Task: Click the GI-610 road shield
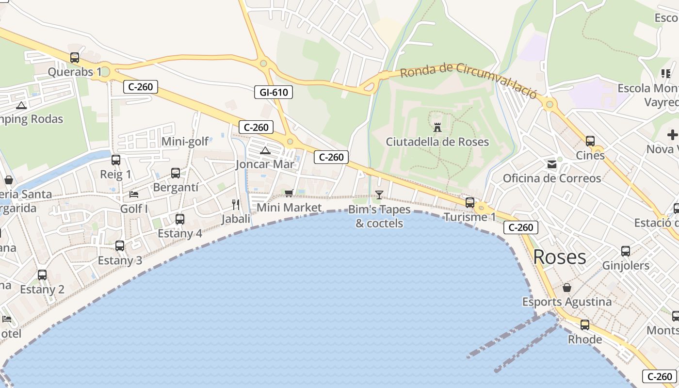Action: (x=274, y=92)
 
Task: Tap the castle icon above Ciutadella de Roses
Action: (x=437, y=128)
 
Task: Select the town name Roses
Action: (x=560, y=257)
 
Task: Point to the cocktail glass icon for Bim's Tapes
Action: (x=379, y=195)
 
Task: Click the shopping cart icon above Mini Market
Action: (x=289, y=193)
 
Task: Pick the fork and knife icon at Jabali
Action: (x=236, y=204)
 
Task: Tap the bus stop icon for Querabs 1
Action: (x=75, y=58)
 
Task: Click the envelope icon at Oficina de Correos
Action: (x=552, y=164)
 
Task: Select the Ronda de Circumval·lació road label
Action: (x=469, y=79)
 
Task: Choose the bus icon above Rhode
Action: (x=585, y=325)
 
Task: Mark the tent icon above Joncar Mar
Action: (x=265, y=150)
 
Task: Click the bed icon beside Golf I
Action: (x=134, y=194)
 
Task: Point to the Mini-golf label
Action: (x=185, y=142)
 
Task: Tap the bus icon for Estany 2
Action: (x=42, y=275)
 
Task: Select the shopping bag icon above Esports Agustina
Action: (x=566, y=288)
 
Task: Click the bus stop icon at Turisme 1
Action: (x=469, y=203)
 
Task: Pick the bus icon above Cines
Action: (x=590, y=141)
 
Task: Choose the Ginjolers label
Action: (x=626, y=266)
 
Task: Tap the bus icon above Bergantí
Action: (x=176, y=173)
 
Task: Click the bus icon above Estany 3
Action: (x=120, y=246)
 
